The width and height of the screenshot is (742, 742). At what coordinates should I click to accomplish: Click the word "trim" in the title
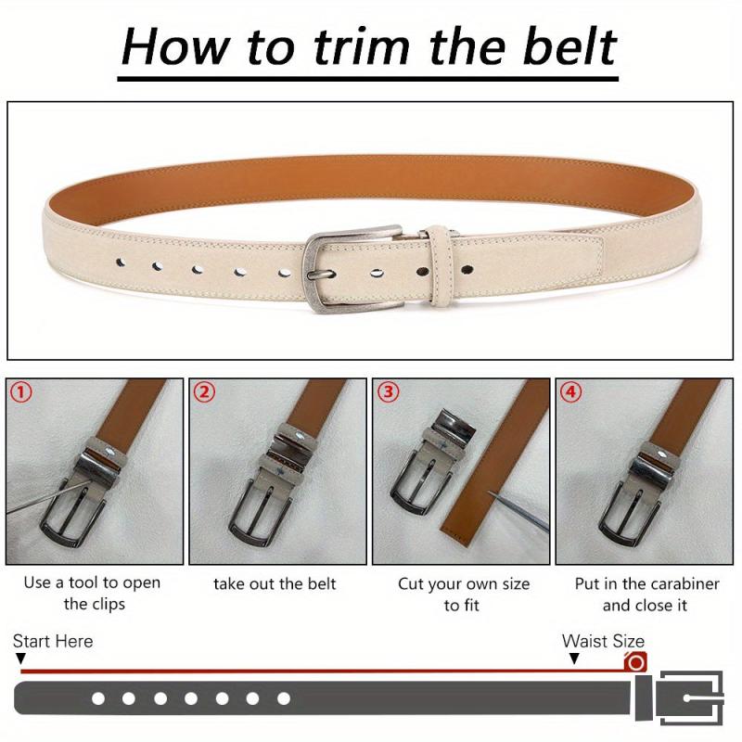[x=362, y=46]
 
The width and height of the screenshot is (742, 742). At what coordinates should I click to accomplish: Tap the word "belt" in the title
[x=569, y=46]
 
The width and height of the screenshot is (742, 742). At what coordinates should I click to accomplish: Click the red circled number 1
[x=20, y=392]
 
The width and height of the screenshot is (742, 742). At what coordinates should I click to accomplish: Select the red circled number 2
[x=204, y=392]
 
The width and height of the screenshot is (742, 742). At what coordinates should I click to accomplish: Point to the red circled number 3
[x=388, y=392]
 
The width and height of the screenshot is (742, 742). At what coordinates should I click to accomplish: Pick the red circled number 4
[x=571, y=392]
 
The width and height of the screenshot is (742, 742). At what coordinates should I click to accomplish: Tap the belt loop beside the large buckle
[x=440, y=265]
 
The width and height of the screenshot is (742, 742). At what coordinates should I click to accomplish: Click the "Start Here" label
[x=53, y=641]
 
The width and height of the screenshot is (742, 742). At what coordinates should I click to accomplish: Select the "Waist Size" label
[x=603, y=641]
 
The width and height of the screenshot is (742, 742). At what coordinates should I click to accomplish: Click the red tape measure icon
[x=635, y=661]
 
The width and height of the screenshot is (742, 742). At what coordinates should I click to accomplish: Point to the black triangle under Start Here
[x=20, y=659]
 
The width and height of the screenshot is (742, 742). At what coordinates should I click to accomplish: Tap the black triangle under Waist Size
[x=574, y=659]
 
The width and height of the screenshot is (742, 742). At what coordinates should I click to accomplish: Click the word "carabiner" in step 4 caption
[x=685, y=583]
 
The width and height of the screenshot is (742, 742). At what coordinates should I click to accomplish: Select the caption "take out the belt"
[x=275, y=583]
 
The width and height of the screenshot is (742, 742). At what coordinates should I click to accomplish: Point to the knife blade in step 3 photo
[x=518, y=511]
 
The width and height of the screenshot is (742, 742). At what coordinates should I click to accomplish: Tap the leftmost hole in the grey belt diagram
[x=98, y=698]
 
